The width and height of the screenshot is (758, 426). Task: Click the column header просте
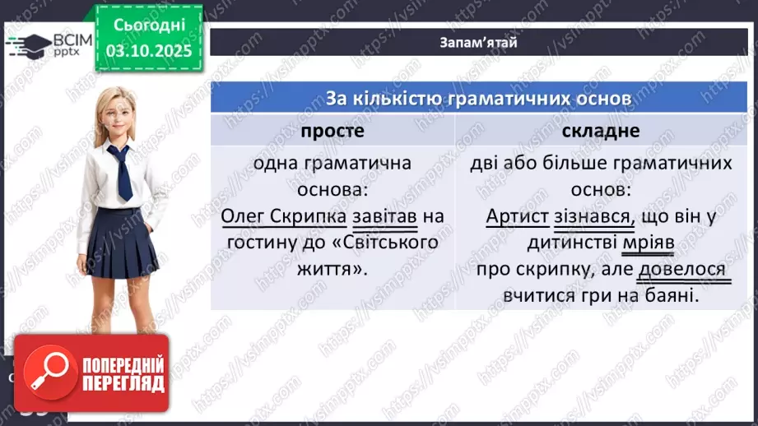click(332, 131)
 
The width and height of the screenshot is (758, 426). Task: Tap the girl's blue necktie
click(122, 172)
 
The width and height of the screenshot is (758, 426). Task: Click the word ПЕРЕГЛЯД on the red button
click(122, 383)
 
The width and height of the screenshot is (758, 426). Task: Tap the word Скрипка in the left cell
click(314, 217)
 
